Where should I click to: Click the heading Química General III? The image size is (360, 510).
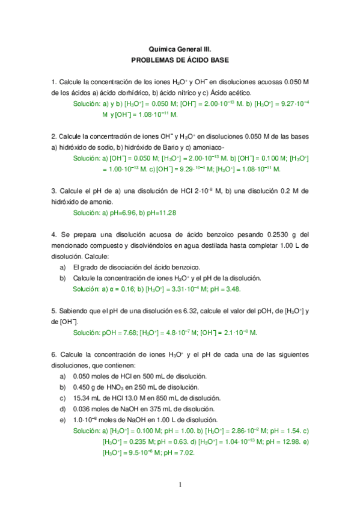[x=180, y=50]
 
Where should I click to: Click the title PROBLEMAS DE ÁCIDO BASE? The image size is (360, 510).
[x=180, y=61]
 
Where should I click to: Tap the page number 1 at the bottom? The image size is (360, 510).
[x=180, y=485]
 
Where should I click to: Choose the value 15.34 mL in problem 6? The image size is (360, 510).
[x=87, y=398]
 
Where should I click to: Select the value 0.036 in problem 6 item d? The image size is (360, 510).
[x=82, y=408]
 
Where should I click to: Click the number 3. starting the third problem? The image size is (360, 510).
[x=54, y=191]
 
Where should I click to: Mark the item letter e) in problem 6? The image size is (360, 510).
[x=63, y=419]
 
